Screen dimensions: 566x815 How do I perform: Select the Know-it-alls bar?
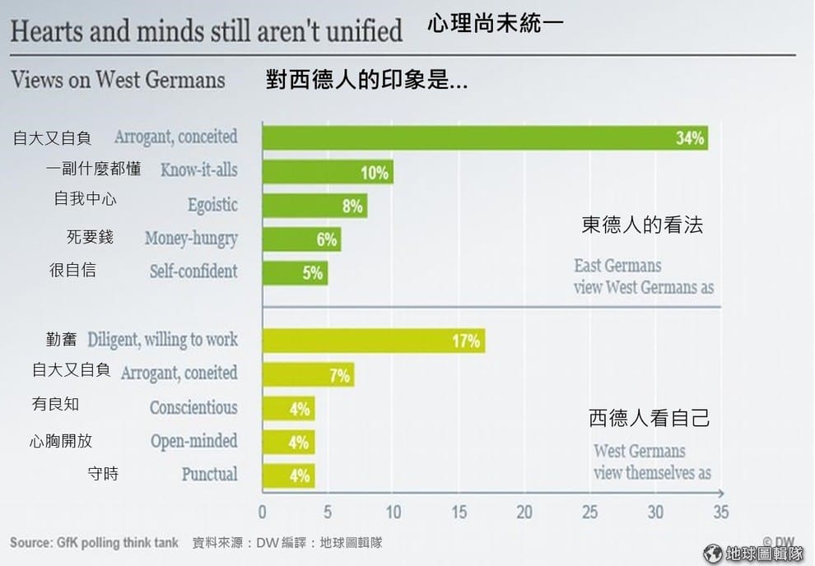click(327, 171)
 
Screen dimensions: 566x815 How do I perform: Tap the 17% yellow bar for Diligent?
click(373, 341)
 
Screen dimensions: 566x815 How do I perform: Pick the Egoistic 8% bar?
click(314, 206)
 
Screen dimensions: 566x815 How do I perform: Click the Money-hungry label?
click(191, 239)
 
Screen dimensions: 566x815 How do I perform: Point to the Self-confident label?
click(193, 271)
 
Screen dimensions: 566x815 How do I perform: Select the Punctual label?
click(209, 475)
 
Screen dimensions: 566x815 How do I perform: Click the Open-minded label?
click(193, 441)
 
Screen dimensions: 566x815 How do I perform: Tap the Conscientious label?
click(193, 407)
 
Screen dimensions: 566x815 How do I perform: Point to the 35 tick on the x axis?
click(720, 513)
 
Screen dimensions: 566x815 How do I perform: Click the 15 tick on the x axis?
click(459, 513)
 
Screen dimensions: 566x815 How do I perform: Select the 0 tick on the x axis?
click(263, 513)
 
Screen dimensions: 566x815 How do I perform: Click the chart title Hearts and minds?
click(206, 31)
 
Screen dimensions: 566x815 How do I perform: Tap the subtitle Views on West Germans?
click(118, 80)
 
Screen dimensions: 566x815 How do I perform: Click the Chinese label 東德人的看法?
click(642, 225)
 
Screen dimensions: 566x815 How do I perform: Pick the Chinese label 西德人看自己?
click(650, 418)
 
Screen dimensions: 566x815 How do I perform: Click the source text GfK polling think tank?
click(94, 543)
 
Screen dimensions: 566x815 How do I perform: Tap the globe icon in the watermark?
click(713, 553)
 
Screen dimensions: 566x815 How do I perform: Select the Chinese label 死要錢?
click(90, 238)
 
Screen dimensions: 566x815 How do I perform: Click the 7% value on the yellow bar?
click(339, 376)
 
